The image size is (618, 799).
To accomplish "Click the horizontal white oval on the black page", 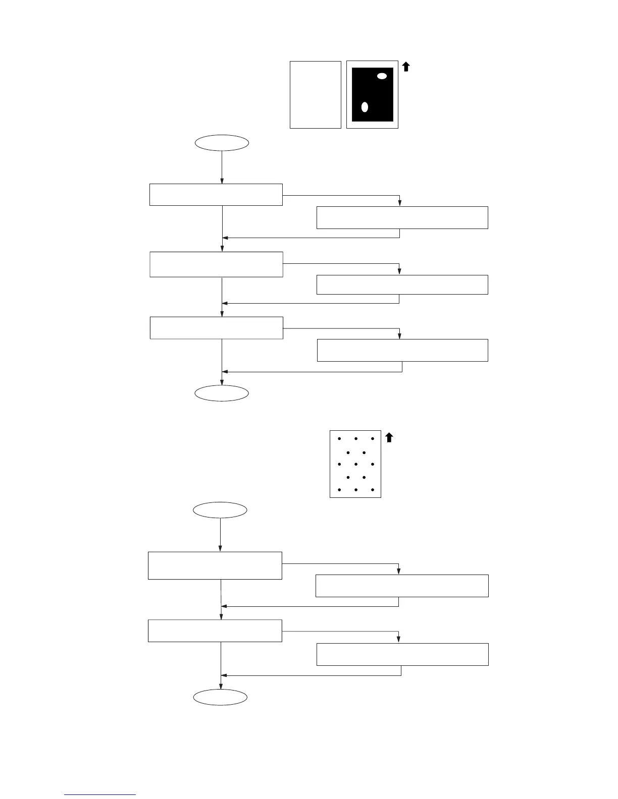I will click(x=382, y=76).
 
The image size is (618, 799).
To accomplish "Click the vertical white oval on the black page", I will click(x=365, y=107).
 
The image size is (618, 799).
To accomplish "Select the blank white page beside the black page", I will click(x=316, y=95).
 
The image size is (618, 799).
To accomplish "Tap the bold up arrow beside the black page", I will click(x=405, y=66).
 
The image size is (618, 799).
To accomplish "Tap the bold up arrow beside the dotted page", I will click(x=389, y=437).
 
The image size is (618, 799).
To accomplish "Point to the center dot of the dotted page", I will click(x=356, y=464).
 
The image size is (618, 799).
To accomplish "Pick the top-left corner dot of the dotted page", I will click(x=339, y=439).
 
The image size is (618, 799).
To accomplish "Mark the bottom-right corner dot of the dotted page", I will click(x=373, y=490).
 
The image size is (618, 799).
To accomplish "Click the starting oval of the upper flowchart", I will click(x=222, y=143).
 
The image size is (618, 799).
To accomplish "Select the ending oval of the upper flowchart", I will click(x=222, y=393).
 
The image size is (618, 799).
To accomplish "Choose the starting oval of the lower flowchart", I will click(x=220, y=510).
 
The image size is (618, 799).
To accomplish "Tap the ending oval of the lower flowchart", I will click(x=221, y=698).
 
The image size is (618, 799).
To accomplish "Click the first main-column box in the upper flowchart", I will click(x=216, y=195).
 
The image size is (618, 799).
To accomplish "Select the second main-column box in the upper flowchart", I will click(x=217, y=264).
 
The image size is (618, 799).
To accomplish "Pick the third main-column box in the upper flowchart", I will click(x=217, y=328).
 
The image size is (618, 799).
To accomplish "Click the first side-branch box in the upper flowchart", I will click(x=402, y=217).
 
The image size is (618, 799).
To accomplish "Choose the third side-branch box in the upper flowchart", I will click(x=402, y=350).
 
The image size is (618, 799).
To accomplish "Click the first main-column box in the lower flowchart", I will click(x=215, y=565).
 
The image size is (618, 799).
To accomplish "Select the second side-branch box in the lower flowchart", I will click(x=402, y=654).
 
